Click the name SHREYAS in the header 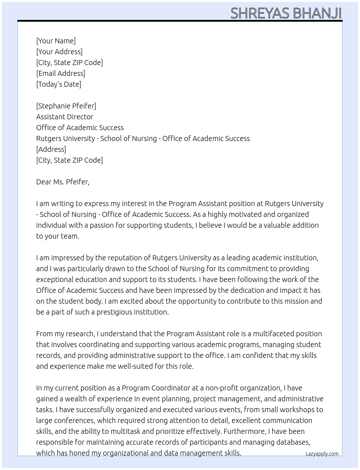[260, 13]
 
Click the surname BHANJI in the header [317, 13]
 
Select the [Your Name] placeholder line [56, 41]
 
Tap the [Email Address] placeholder [61, 73]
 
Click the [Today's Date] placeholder [59, 84]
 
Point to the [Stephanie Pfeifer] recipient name [66, 106]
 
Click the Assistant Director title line [65, 117]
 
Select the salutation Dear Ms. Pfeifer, [63, 182]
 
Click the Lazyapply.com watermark [322, 454]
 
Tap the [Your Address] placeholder [59, 52]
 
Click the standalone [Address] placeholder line [51, 149]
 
